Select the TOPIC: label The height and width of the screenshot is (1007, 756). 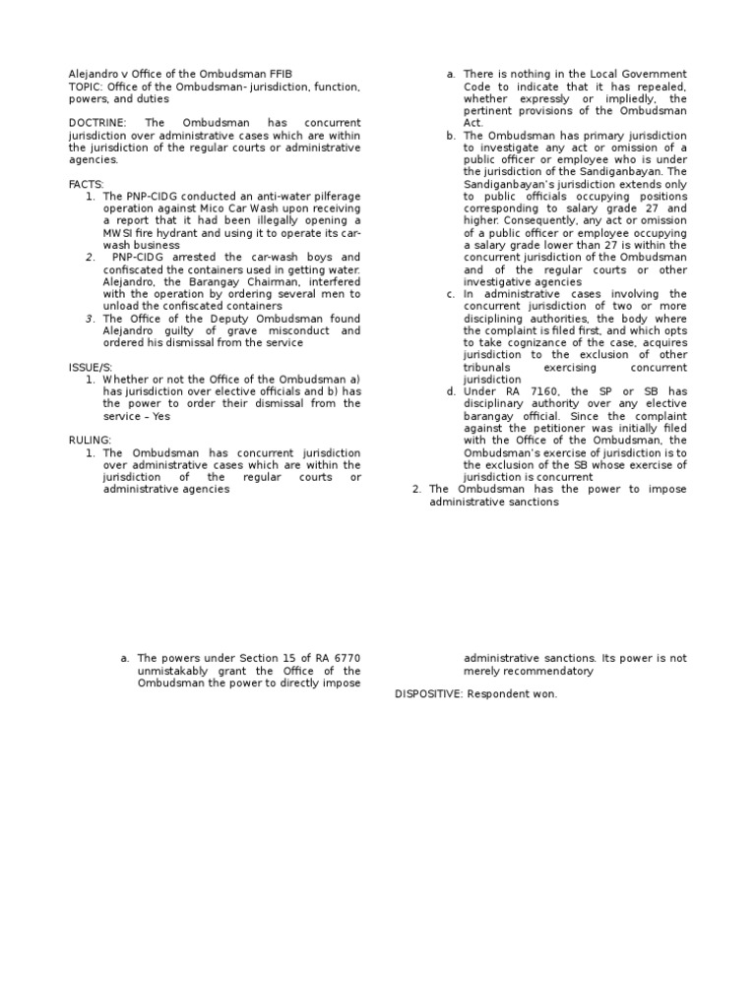tap(86, 87)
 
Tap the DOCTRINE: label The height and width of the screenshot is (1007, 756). tap(97, 122)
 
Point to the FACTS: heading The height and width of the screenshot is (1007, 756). tap(86, 184)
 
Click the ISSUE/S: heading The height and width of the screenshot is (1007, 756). tap(91, 367)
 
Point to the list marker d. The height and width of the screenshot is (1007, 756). tap(450, 391)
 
